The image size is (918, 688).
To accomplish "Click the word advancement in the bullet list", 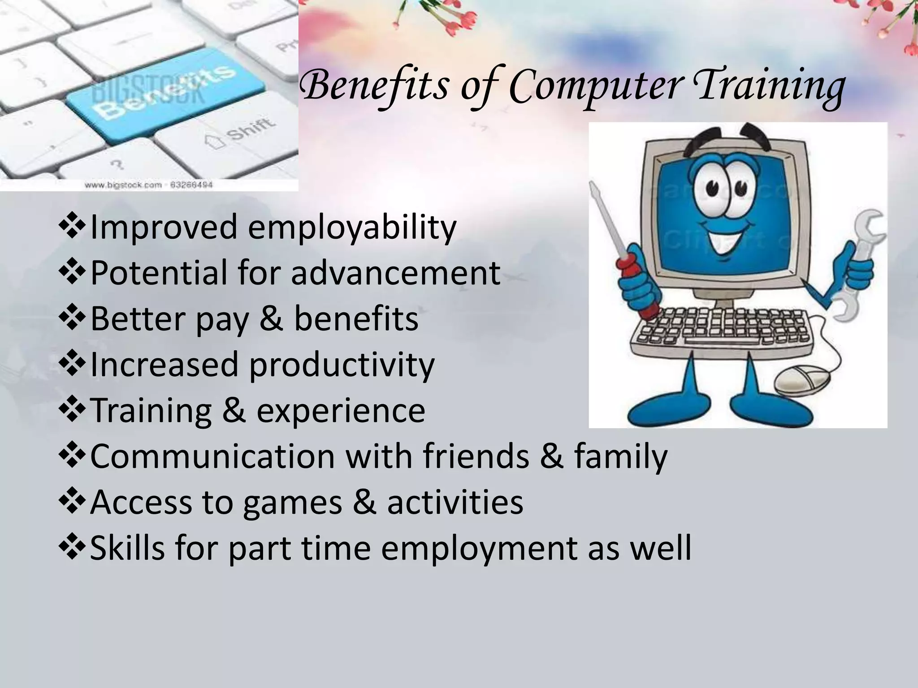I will pyautogui.click(x=395, y=273).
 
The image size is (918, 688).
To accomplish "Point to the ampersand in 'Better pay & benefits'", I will pyautogui.click(x=271, y=319).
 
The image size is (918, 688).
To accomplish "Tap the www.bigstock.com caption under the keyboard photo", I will pyautogui.click(x=148, y=185).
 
